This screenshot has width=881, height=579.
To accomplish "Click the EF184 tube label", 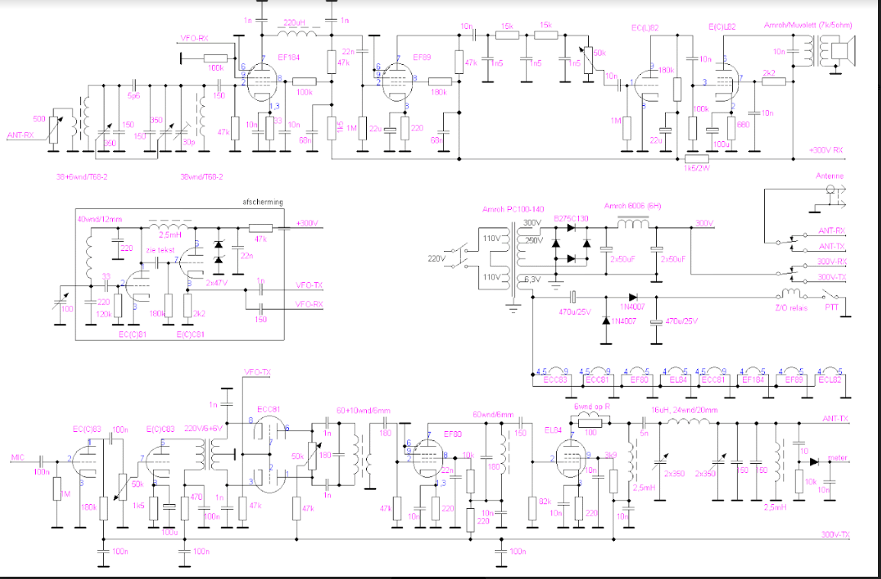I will tap(289, 57).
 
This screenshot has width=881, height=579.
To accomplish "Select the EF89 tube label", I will tap(423, 57).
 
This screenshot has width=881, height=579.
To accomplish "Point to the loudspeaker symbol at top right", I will tap(841, 52).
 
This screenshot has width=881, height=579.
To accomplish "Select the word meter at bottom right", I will tap(837, 458).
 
